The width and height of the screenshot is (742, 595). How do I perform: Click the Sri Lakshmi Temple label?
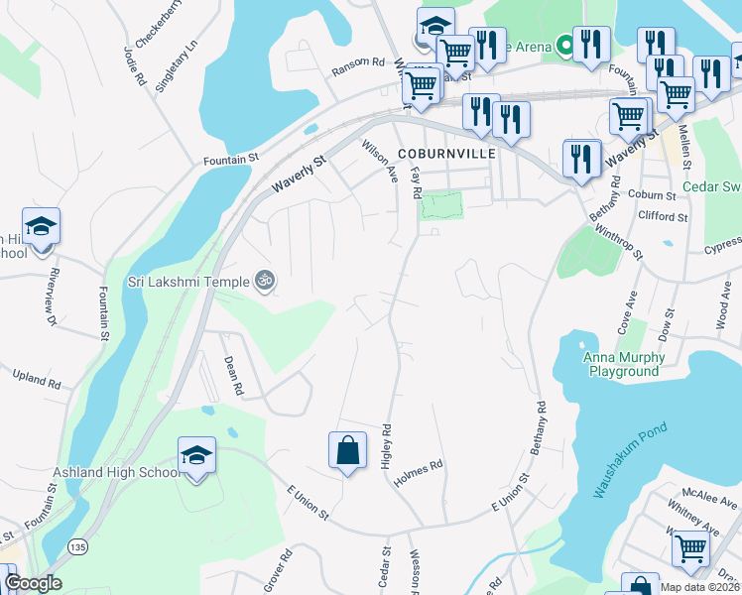tap(188, 281)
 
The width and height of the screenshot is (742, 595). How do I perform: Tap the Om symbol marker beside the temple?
tap(264, 281)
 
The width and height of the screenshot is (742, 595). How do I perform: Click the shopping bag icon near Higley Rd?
tap(348, 450)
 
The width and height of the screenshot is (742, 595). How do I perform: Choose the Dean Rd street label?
tap(233, 376)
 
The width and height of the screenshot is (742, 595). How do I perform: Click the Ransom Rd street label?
tap(358, 61)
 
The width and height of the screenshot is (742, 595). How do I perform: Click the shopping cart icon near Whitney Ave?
tap(690, 547)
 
